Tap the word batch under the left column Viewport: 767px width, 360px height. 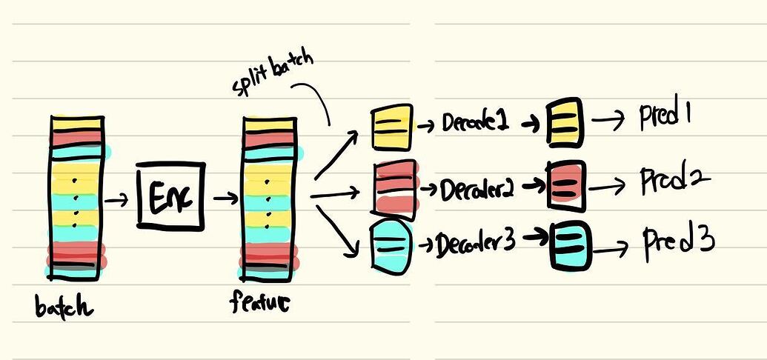(x=64, y=306)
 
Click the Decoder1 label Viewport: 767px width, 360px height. (x=475, y=124)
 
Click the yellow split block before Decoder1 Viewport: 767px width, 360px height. (x=391, y=125)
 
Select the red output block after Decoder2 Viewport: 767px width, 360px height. (x=566, y=184)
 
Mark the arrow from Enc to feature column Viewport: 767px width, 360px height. (x=225, y=199)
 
